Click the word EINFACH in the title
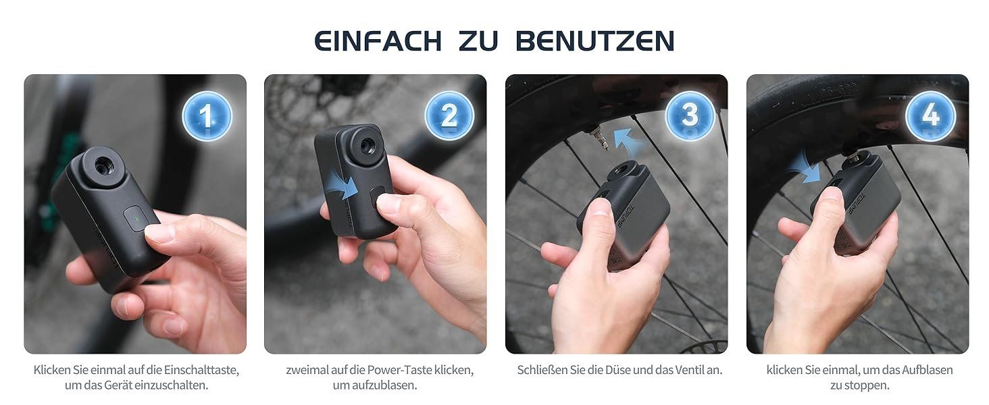coord(378,41)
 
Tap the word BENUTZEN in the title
coord(594,41)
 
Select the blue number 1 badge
coord(207,115)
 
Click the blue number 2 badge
coord(449,115)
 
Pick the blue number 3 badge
coord(690,115)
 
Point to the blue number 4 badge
coord(931,115)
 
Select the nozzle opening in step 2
coord(366,146)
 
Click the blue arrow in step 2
coord(343,188)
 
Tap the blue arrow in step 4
coord(805,167)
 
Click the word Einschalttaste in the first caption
coord(201,370)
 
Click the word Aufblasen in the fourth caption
coord(927,370)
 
